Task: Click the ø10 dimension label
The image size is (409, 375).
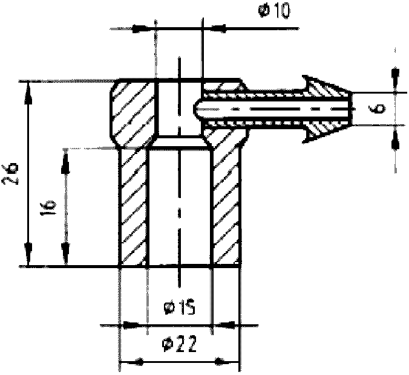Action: [274, 11]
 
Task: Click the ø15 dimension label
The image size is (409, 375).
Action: [180, 307]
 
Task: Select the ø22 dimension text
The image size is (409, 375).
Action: [179, 344]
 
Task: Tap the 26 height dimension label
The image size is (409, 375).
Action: [10, 174]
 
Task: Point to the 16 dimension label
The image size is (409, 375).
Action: [48, 208]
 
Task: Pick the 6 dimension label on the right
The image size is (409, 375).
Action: [378, 109]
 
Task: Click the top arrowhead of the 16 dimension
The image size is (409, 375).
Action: [65, 163]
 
